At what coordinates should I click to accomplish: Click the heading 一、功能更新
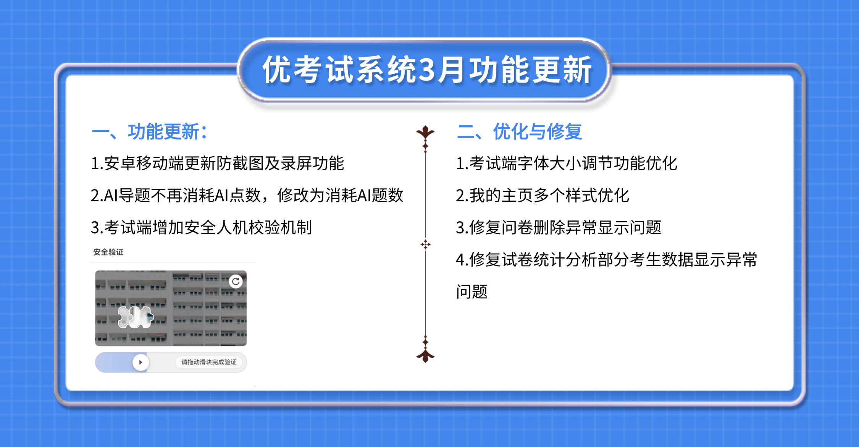tap(149, 132)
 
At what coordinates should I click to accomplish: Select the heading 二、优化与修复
tap(519, 132)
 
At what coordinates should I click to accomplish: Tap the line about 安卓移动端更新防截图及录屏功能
tap(217, 164)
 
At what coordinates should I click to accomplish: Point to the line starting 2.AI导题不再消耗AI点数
tap(247, 196)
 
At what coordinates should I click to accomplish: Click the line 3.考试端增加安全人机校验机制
tap(201, 228)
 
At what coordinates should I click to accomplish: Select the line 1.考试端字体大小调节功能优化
tap(566, 164)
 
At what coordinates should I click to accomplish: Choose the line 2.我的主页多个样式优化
tap(542, 196)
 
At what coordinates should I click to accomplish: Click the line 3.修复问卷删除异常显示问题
tap(558, 228)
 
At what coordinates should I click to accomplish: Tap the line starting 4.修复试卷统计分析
tap(606, 260)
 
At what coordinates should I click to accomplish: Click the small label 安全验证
tap(108, 252)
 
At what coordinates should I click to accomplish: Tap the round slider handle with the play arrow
tap(140, 362)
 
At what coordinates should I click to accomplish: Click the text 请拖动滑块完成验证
tap(209, 362)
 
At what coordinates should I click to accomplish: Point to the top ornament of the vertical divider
tap(425, 134)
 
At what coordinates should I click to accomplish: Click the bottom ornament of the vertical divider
tap(425, 355)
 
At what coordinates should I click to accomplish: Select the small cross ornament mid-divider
tap(425, 244)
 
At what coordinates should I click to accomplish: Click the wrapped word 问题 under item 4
tap(472, 292)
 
